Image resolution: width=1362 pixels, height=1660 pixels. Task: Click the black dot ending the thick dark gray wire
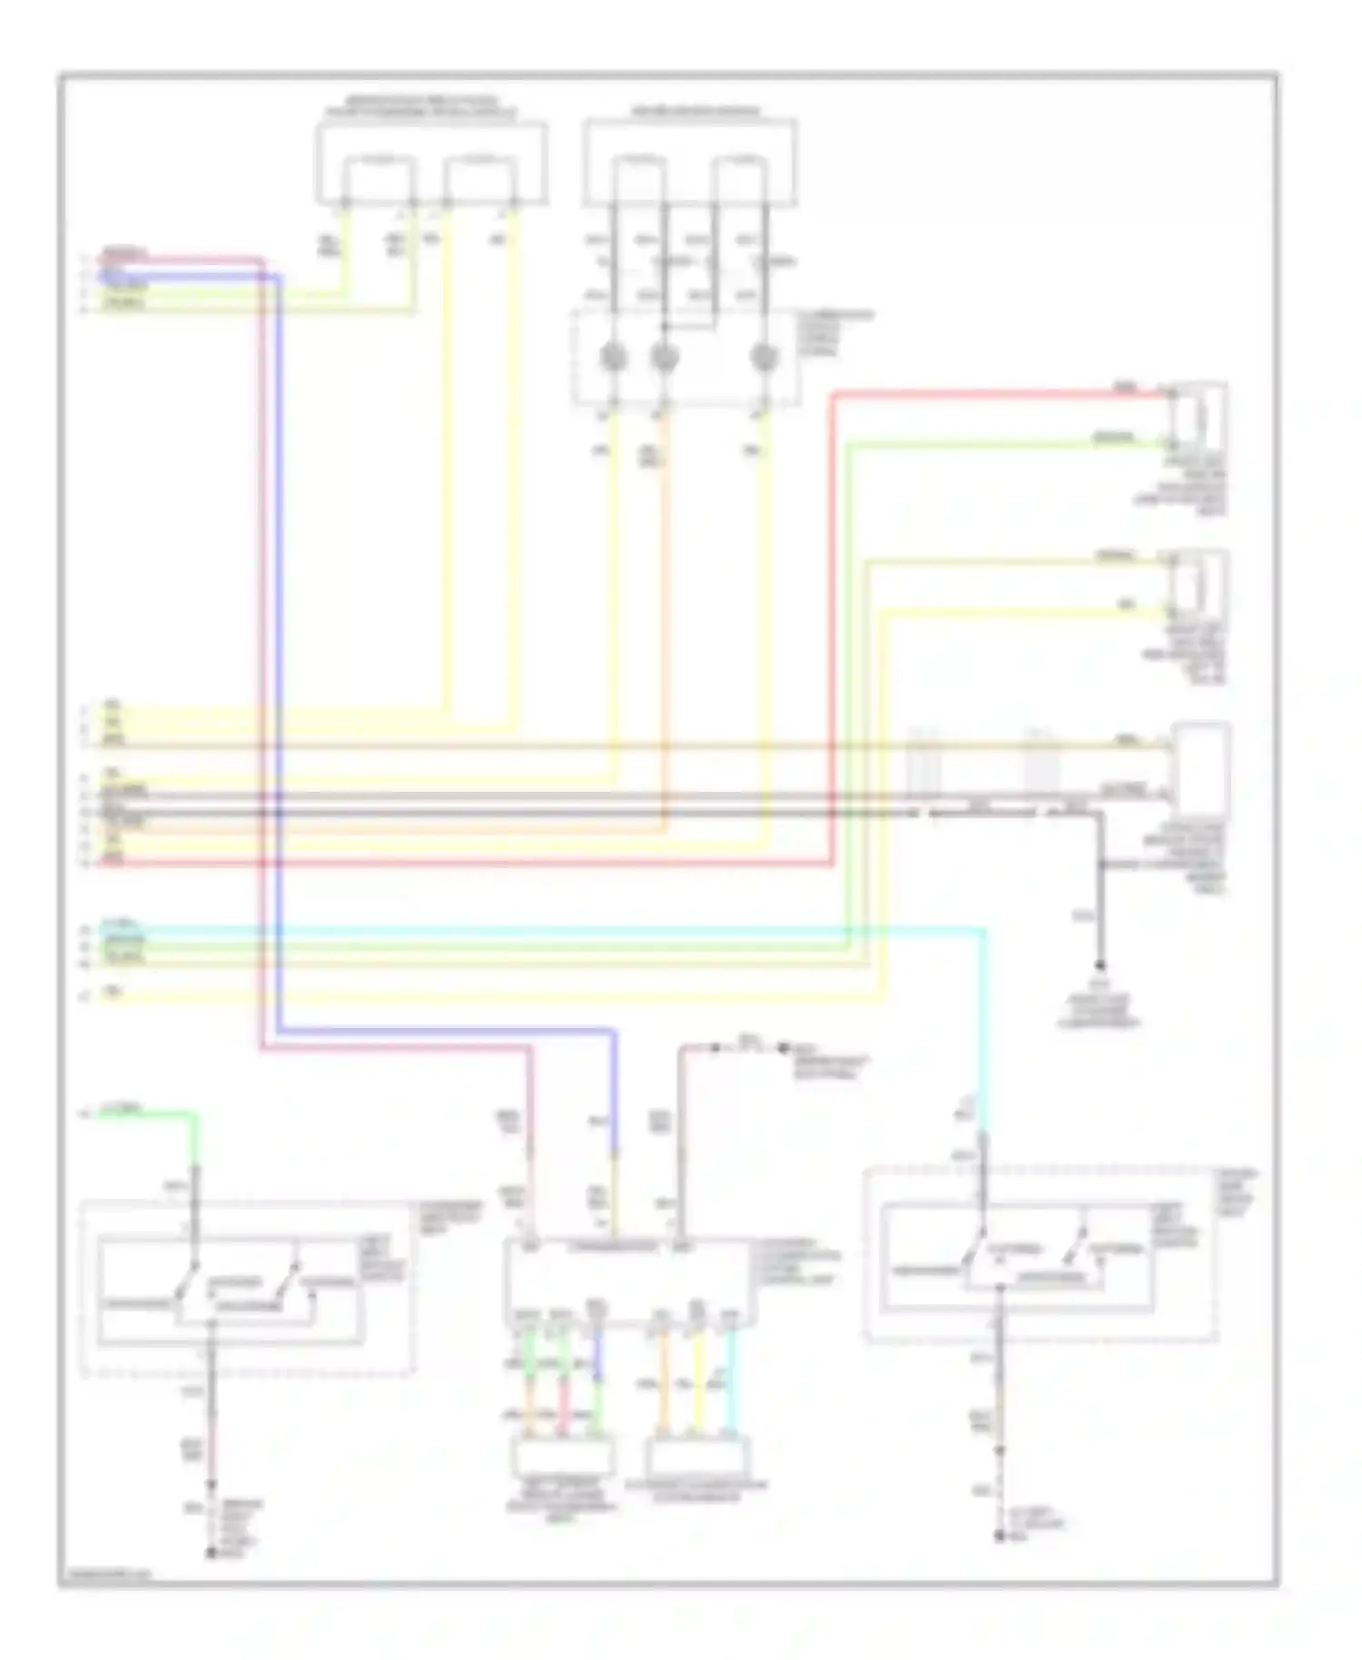coord(1100,965)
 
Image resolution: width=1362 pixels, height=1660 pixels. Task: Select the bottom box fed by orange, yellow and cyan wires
coord(697,1458)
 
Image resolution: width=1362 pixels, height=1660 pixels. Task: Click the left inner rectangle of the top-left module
coord(378,178)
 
